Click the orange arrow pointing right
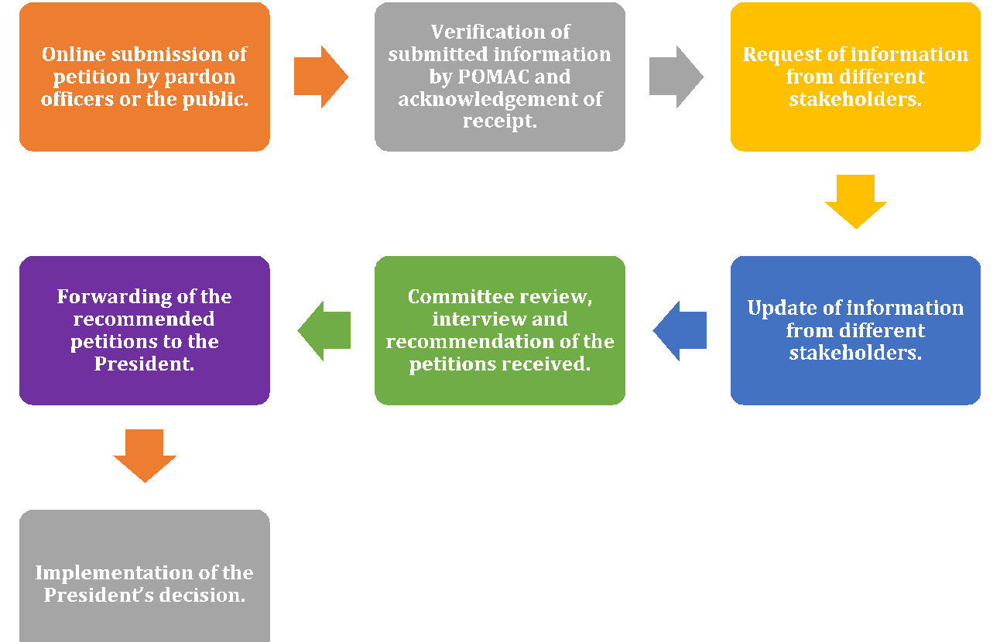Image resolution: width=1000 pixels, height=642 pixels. click(x=320, y=77)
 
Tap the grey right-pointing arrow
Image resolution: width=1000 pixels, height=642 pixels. click(x=676, y=77)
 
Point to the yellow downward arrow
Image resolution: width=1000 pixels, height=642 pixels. click(x=855, y=201)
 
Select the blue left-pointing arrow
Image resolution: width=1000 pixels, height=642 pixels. click(x=680, y=330)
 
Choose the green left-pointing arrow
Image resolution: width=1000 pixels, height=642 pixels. click(x=324, y=330)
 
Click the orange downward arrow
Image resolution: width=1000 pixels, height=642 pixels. click(x=145, y=455)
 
